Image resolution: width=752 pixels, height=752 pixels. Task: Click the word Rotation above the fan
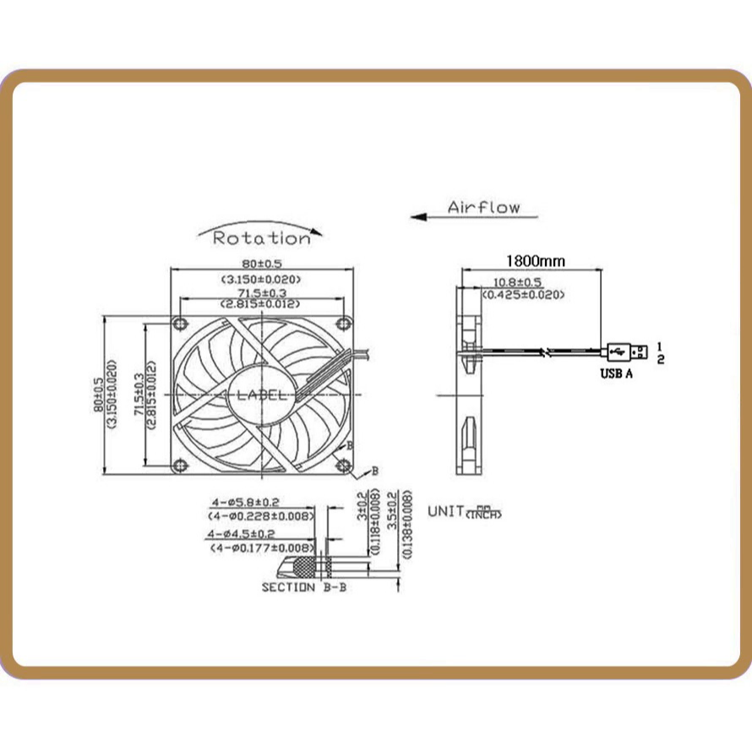[260, 238]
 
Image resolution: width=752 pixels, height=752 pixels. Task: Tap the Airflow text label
[484, 207]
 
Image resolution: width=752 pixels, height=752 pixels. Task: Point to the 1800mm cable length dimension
[535, 261]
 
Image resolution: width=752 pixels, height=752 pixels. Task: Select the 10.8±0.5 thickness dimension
[517, 281]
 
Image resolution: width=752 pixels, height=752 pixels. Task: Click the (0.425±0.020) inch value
[522, 294]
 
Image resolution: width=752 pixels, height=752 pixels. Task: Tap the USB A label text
[616, 372]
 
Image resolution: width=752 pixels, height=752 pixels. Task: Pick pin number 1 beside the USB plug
[660, 345]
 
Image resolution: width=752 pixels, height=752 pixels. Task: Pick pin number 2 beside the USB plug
[660, 359]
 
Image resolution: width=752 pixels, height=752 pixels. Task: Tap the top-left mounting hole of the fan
[179, 324]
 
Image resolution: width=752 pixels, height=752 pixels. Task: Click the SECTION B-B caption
[303, 586]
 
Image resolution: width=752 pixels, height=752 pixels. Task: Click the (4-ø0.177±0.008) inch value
[262, 548]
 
